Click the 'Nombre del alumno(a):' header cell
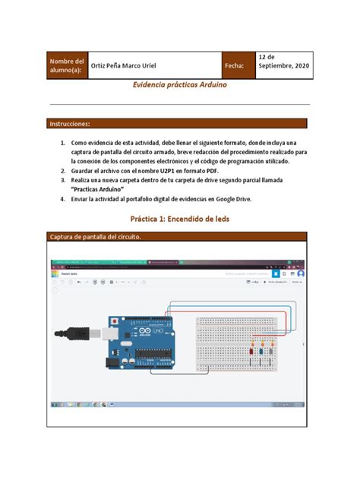click(67, 65)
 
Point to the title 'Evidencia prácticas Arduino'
click(179, 86)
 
